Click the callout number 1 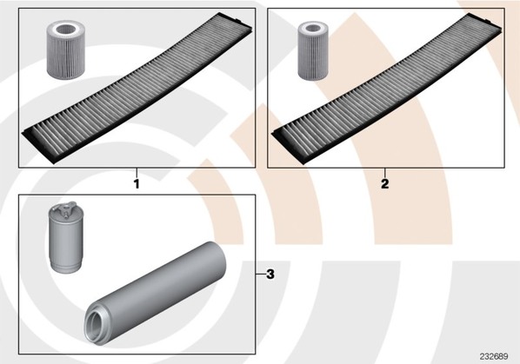tap(137, 184)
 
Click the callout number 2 tap(384, 183)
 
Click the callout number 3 tap(270, 275)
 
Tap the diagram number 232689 tap(493, 356)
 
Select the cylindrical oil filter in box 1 tap(66, 50)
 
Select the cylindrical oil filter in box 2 tap(313, 50)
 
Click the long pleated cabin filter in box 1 tap(137, 88)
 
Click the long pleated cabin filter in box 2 tap(386, 88)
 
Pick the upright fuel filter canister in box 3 tap(66, 238)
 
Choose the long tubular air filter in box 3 tap(155, 293)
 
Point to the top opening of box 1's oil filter tap(66, 30)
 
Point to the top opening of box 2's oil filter tap(313, 28)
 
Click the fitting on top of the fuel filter tap(66, 208)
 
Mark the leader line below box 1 tap(137, 173)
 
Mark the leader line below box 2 tap(384, 173)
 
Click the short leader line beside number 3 tap(260, 274)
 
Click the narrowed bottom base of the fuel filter tap(66, 267)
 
